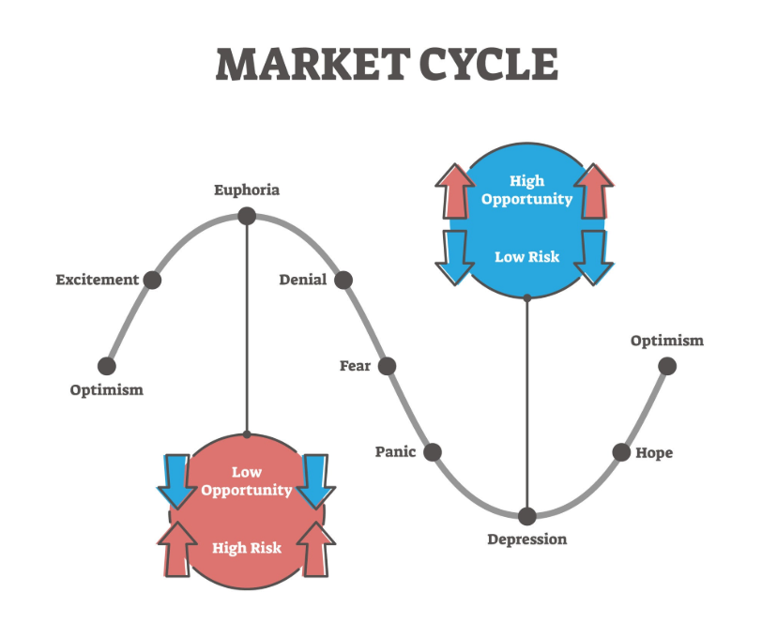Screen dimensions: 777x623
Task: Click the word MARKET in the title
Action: coord(312,65)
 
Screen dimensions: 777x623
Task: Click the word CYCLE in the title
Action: coord(489,65)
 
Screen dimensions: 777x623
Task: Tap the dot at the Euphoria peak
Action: coord(247,216)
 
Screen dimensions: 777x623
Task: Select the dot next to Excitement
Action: coord(152,280)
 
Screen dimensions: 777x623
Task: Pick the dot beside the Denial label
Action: coord(343,280)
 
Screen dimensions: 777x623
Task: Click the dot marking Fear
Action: coord(387,366)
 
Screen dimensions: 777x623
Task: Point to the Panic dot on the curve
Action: coord(432,452)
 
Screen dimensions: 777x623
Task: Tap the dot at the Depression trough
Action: coord(527,516)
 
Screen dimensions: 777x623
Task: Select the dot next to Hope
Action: coord(621,452)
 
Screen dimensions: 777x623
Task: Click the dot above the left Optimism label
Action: coord(107,366)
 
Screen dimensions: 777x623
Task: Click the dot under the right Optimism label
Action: coord(667,366)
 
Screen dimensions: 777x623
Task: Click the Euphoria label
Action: coord(247,190)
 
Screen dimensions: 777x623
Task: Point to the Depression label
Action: coord(527,539)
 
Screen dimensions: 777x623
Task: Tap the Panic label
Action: coord(395,452)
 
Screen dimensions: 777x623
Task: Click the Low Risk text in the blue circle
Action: coord(527,257)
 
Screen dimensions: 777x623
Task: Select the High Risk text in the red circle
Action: coord(247,548)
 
